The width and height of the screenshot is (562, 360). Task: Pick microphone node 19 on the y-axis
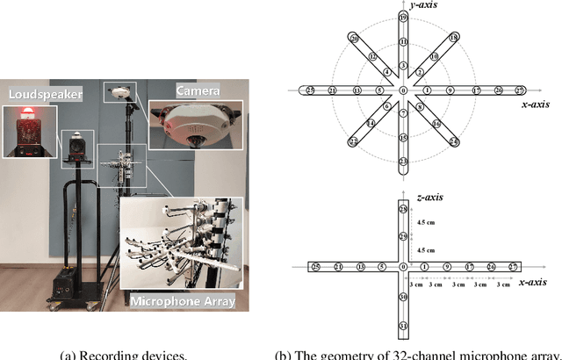403,18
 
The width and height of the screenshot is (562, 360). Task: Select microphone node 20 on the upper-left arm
354,39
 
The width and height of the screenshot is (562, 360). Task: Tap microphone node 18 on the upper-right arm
453,39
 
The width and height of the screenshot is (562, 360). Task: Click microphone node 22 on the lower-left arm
353,140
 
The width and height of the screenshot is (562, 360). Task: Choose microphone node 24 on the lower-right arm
453,140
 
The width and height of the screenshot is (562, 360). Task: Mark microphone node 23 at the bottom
403,162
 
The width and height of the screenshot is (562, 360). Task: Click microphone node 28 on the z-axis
403,211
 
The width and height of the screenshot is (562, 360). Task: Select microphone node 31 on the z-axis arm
403,326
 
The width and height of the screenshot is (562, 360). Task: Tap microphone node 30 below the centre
403,298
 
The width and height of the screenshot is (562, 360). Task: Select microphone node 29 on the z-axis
403,237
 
